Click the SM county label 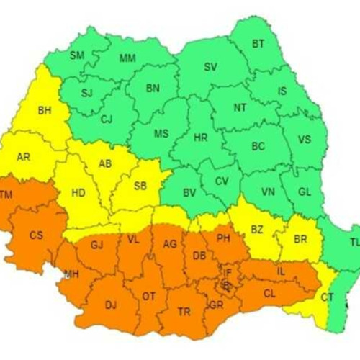click(x=77, y=55)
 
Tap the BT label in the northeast click(x=258, y=44)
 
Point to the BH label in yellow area click(x=45, y=111)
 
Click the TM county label click(x=6, y=195)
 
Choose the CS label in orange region click(x=36, y=235)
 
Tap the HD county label click(x=79, y=193)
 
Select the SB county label click(x=140, y=185)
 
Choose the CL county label click(x=270, y=293)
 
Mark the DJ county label click(x=110, y=305)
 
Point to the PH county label click(x=222, y=238)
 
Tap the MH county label click(x=71, y=274)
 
